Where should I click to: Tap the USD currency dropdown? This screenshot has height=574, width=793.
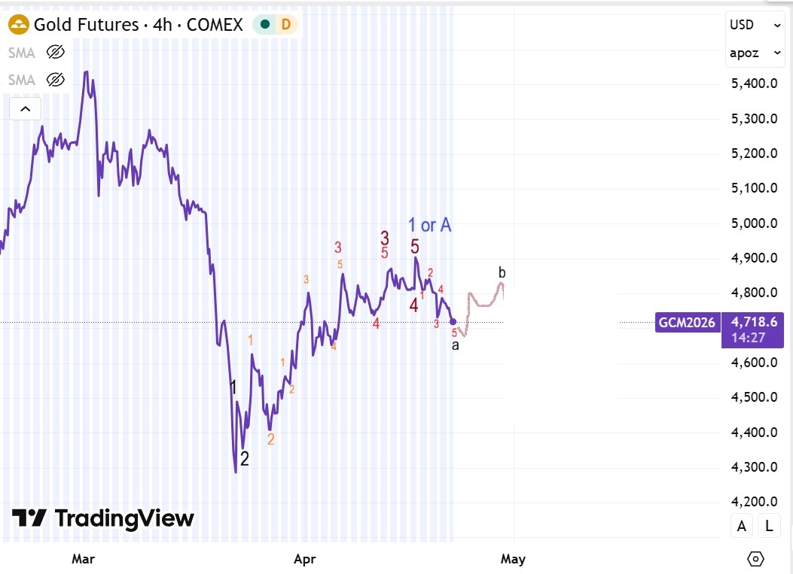pos(755,25)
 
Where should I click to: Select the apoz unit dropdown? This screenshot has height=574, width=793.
pos(755,53)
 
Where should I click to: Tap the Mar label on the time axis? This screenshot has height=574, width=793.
pos(83,559)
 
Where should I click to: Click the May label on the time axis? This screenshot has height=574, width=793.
pos(513,559)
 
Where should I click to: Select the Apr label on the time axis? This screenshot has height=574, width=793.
pos(304,559)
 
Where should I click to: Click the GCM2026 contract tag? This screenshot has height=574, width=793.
pos(686,322)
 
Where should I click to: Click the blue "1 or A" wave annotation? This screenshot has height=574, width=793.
pos(429,224)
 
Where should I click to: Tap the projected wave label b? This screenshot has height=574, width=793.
pos(502,272)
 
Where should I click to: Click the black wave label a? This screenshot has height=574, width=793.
pos(455,345)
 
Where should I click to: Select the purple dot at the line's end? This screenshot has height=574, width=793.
pos(453,322)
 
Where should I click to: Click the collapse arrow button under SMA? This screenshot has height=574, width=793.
pos(25,109)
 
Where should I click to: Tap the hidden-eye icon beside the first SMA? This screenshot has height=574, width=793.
pos(55,52)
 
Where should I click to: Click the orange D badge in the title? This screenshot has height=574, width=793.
pos(286,25)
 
